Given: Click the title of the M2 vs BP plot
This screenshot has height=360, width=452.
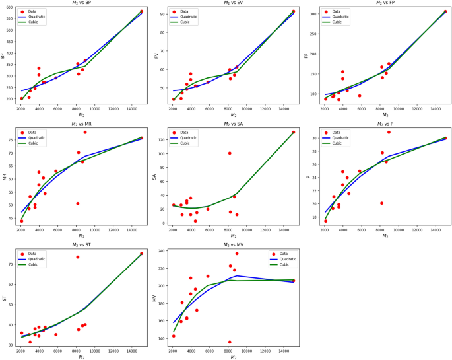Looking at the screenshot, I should [81, 3].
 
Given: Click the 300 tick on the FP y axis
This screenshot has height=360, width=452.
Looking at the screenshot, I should [313, 13].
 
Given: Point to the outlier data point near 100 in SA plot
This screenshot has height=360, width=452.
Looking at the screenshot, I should [230, 153].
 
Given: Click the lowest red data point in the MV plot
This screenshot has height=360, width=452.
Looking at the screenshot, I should [230, 342].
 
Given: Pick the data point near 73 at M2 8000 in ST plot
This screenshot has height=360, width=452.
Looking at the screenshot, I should [77, 257].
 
